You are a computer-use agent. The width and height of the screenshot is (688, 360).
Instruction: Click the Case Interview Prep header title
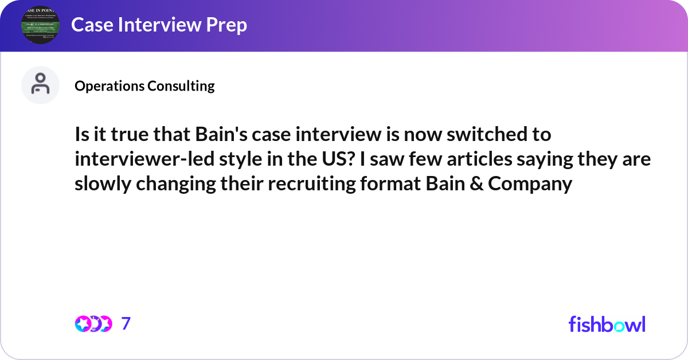pos(159,25)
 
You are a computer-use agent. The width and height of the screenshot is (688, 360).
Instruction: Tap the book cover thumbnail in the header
pos(40,25)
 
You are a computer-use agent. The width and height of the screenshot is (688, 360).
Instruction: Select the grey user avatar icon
pos(40,85)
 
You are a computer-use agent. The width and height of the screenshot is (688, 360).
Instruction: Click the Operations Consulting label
pos(144,86)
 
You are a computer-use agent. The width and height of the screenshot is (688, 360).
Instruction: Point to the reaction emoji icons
pos(93,324)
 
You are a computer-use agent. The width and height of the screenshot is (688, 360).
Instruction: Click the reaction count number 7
pos(126,324)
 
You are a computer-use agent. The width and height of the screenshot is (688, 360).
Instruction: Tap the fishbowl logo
pos(607,324)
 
